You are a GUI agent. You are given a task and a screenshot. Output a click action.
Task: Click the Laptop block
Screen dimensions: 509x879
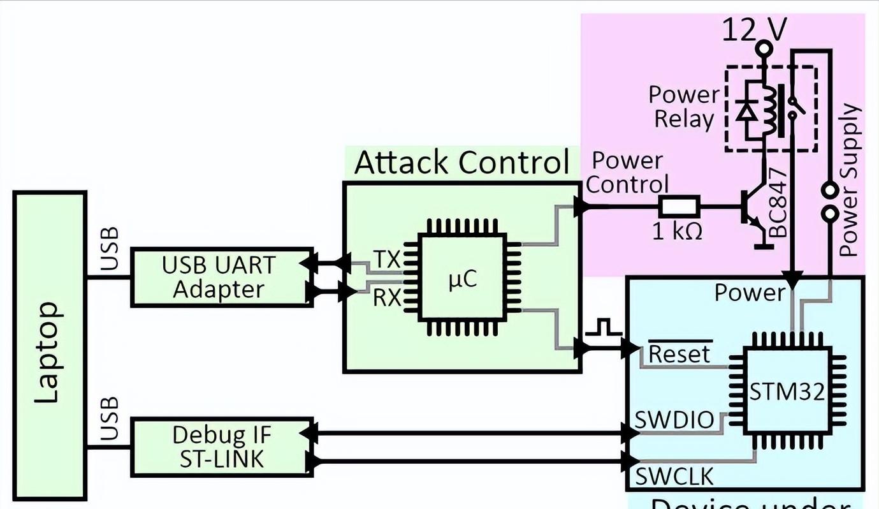tap(50, 345)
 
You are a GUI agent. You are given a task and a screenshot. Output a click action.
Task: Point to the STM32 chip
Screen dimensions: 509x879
tap(787, 391)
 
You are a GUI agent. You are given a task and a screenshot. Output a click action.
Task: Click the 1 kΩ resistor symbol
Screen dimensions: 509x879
tap(679, 206)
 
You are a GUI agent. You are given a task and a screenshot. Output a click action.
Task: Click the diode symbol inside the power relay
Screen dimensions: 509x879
tap(745, 110)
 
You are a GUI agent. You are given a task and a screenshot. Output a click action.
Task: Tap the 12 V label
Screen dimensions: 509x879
tap(754, 29)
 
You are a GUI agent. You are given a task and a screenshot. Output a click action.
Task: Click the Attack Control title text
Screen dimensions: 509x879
tap(461, 162)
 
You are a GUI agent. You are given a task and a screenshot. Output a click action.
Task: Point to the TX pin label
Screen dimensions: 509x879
tap(386, 260)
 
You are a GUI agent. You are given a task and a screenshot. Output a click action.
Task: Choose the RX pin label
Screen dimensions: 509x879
tap(386, 297)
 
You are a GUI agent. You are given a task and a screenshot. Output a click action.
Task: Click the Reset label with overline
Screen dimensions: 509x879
tap(679, 353)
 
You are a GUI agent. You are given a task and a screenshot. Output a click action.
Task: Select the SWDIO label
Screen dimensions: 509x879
tap(674, 420)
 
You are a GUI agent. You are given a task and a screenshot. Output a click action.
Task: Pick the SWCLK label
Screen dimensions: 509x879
tap(674, 476)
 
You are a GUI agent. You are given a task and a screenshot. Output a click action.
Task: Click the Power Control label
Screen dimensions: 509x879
tap(627, 172)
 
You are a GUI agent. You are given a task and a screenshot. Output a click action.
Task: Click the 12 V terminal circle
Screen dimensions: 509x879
tap(764, 48)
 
